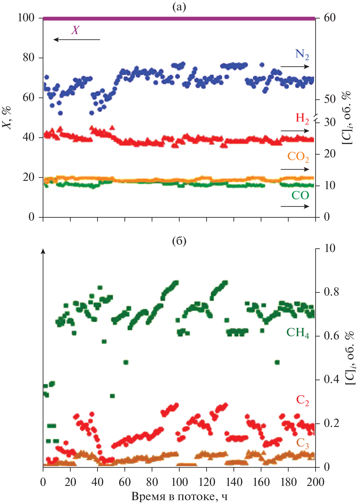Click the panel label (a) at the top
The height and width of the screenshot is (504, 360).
(179, 7)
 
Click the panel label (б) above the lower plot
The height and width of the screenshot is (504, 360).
(179, 241)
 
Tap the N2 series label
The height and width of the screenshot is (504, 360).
(302, 54)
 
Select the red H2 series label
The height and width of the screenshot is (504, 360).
(302, 119)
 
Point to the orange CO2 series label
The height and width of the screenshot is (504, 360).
(298, 157)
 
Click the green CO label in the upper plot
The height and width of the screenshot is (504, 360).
(300, 195)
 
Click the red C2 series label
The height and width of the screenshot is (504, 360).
(302, 400)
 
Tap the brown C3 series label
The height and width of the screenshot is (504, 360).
(302, 443)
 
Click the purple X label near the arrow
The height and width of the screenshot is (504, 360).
(75, 30)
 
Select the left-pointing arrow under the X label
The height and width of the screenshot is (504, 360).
(77, 39)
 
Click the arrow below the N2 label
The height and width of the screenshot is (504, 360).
(295, 67)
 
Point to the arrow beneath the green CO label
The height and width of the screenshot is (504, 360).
(295, 206)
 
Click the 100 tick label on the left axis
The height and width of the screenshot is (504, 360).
(26, 18)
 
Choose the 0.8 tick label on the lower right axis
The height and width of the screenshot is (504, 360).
(331, 292)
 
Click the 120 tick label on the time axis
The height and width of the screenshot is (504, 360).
(207, 482)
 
